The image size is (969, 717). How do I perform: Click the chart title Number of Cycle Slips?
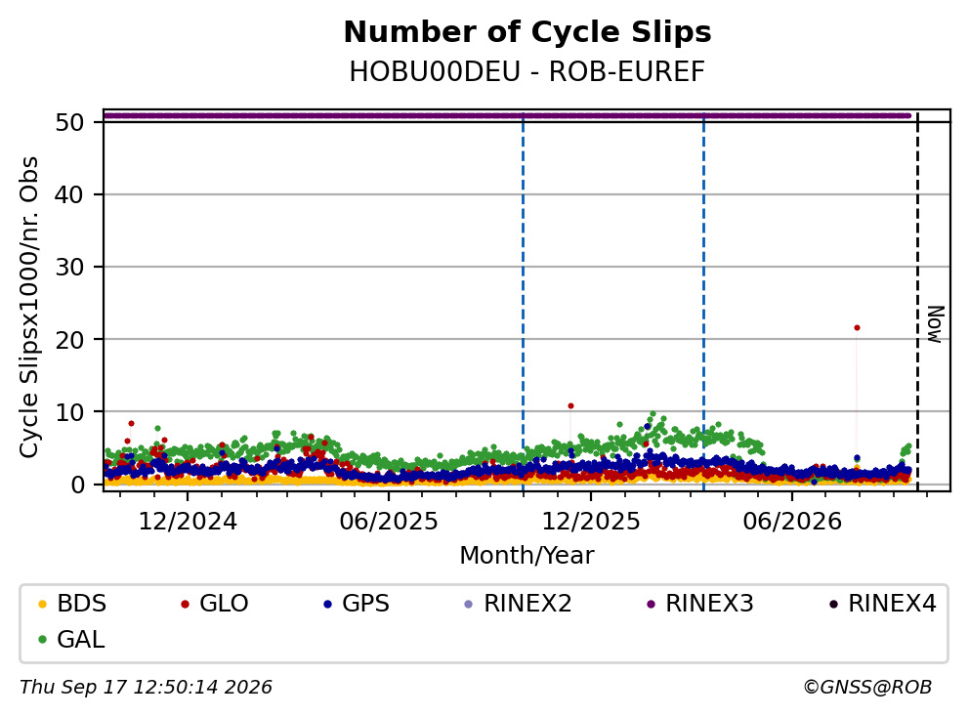point(527,32)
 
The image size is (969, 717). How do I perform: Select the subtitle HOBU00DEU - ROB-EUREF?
point(527,72)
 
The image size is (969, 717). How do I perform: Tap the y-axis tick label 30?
point(69,267)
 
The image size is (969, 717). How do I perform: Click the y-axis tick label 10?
point(69,411)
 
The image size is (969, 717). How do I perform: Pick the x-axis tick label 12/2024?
point(188,522)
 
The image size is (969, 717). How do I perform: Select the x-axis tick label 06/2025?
point(389,522)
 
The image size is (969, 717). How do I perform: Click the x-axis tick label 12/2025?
point(591,522)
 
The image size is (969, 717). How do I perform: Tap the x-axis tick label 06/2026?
point(792,522)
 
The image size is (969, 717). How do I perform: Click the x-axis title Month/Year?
point(527,556)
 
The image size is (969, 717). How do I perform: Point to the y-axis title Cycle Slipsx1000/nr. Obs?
point(29,307)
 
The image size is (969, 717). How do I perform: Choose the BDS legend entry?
point(71,604)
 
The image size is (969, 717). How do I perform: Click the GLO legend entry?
point(214,604)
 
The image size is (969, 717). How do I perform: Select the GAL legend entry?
point(71,639)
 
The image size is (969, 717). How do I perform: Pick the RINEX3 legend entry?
point(700,604)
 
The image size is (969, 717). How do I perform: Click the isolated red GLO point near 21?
point(857,327)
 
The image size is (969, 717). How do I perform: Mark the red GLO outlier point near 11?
point(571,406)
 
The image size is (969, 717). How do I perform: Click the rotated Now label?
point(935,324)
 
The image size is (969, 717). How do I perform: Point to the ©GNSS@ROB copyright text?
point(867,688)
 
